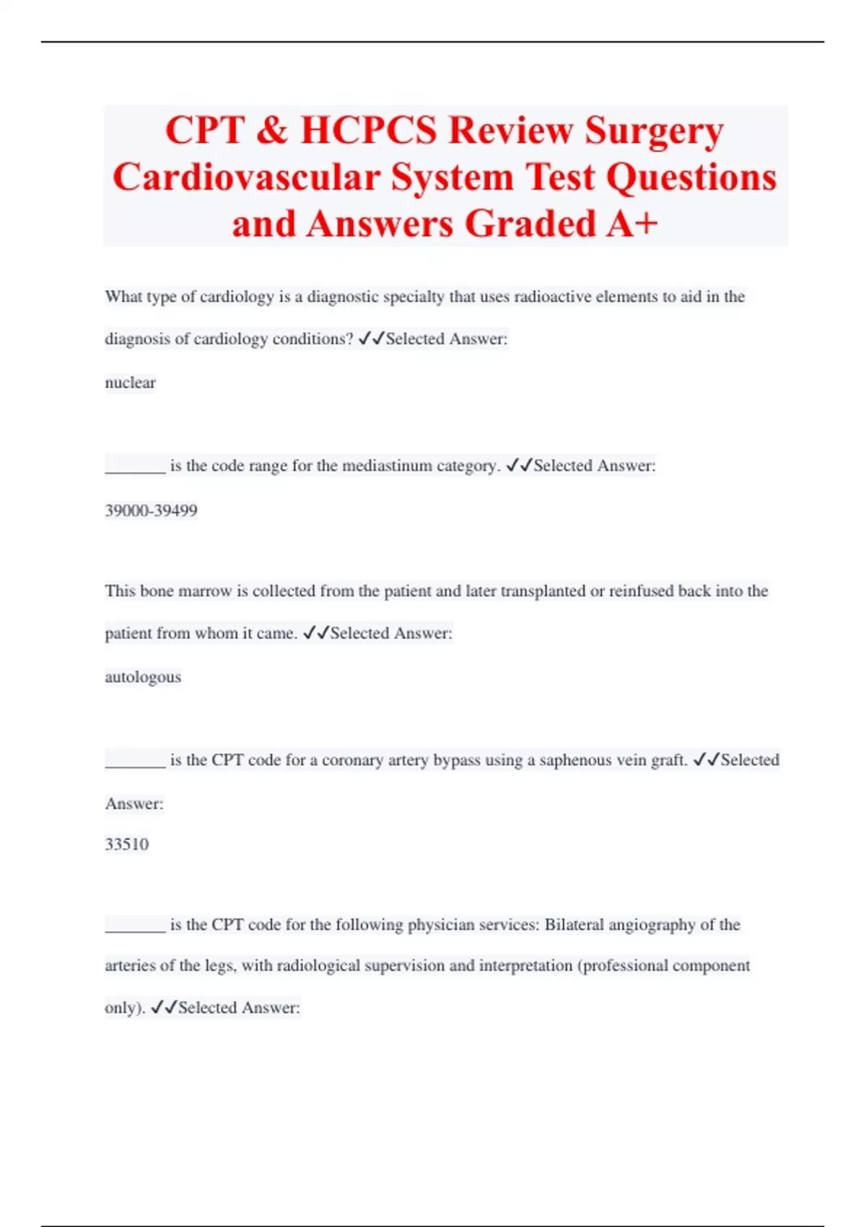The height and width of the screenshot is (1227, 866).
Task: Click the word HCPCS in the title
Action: point(368,131)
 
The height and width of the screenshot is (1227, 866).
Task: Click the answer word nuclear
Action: point(130,383)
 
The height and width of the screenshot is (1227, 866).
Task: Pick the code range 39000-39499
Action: point(151,511)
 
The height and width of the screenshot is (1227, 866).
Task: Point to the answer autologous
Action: point(143,677)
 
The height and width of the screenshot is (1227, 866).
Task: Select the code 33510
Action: point(127,844)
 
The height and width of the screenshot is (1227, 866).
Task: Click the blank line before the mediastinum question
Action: point(136,471)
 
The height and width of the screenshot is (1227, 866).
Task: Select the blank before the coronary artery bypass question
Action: point(136,765)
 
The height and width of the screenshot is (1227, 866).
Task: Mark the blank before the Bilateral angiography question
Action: point(136,930)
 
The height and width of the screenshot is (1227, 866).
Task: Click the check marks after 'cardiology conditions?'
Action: point(372,339)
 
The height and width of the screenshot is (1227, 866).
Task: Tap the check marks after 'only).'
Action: point(164,1008)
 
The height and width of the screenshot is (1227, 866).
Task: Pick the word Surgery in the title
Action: point(654,131)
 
